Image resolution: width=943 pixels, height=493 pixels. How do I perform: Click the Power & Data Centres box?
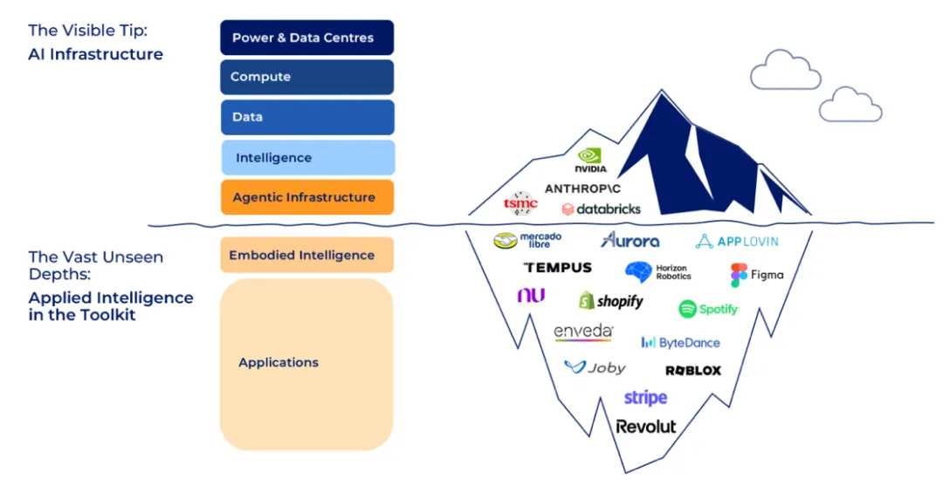tap(306, 38)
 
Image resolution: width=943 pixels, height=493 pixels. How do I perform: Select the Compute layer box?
tap(306, 77)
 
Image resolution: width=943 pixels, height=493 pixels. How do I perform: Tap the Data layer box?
tap(306, 117)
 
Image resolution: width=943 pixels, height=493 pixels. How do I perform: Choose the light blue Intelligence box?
tap(306, 158)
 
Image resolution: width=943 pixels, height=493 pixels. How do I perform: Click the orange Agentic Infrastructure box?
tap(306, 197)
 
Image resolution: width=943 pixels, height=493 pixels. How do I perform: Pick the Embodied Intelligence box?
tap(306, 255)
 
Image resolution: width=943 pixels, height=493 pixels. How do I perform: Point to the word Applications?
tap(279, 362)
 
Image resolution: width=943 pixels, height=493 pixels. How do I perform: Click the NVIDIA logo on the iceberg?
tap(591, 160)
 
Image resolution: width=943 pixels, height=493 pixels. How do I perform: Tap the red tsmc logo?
tap(520, 203)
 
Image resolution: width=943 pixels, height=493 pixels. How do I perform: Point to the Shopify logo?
tap(610, 301)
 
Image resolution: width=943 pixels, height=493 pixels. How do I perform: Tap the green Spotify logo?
tap(708, 309)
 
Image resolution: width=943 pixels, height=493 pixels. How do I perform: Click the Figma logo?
tap(757, 275)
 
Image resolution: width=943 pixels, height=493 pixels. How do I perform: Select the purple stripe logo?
tap(645, 398)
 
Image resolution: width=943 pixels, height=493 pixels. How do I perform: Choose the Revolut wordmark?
tap(645, 426)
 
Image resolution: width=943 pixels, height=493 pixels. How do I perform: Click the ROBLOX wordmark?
tap(693, 371)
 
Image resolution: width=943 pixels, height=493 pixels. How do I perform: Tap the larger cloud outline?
tap(785, 70)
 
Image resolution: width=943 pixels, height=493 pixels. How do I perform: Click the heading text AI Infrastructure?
tap(95, 54)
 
